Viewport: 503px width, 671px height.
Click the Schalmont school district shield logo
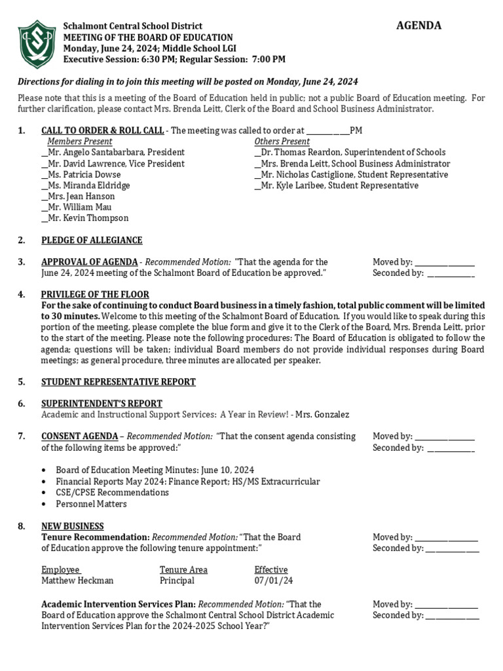tap(37, 44)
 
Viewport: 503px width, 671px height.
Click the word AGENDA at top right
tap(419, 26)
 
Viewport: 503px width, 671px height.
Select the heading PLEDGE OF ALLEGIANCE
tap(92, 240)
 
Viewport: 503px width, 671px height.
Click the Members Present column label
tap(80, 142)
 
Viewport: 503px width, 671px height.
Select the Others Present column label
tap(282, 142)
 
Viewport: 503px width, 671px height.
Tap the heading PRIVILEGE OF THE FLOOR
tap(95, 295)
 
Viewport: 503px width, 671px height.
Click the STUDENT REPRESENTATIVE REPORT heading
tap(119, 382)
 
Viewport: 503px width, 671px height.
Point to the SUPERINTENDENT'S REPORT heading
tap(102, 404)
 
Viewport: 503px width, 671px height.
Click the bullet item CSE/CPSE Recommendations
tap(112, 493)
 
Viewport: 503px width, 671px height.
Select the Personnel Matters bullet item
tap(91, 504)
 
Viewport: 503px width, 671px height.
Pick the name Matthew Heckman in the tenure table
tap(77, 581)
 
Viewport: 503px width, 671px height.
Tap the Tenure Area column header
tap(183, 570)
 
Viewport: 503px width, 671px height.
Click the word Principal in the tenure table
tap(177, 581)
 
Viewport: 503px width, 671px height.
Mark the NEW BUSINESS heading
tap(73, 526)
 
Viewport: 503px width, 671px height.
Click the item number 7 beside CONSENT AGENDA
tap(22, 436)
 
